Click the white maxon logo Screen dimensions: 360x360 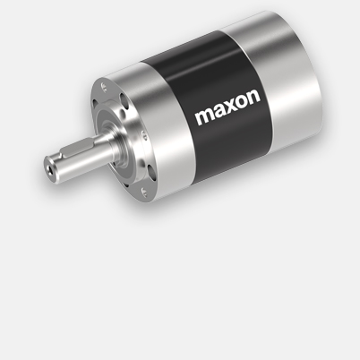point(227,117)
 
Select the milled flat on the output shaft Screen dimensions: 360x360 point(76,154)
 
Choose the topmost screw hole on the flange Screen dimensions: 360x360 point(107,88)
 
